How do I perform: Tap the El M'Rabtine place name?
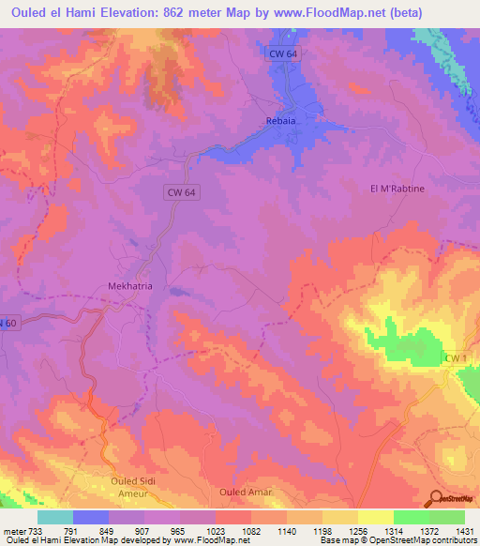[x=397, y=189]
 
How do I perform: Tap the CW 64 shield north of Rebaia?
[x=281, y=54]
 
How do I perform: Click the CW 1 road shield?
[x=456, y=359]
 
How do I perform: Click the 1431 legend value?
[x=465, y=529]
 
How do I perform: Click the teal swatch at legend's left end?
[x=54, y=517]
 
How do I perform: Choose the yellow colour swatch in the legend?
[x=375, y=517]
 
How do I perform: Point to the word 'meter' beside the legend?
[x=14, y=529]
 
